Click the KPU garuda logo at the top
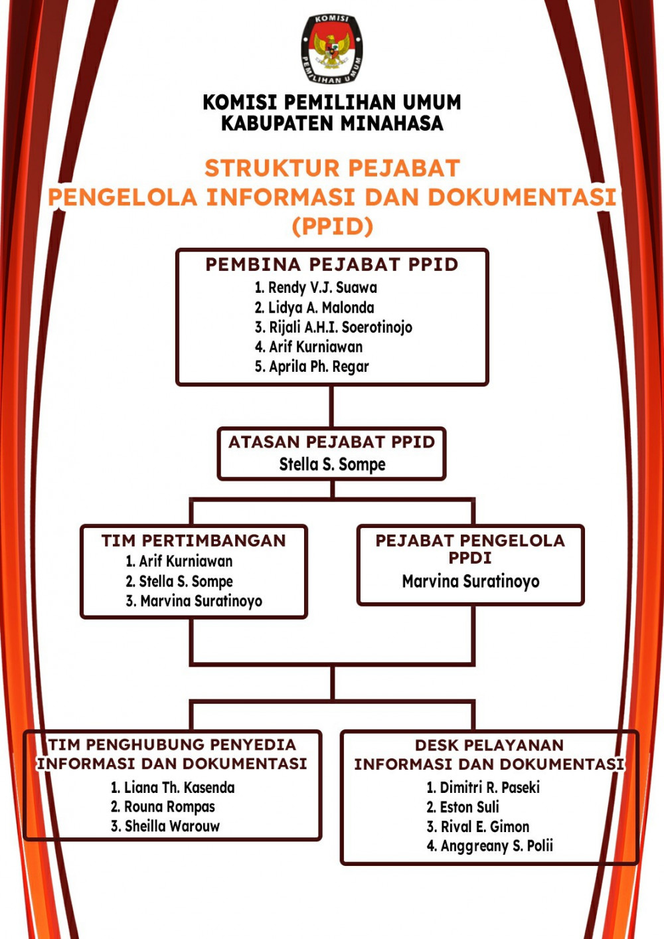click(332, 50)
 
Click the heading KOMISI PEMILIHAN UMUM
click(332, 102)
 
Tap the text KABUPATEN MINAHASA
click(332, 124)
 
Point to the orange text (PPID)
click(332, 226)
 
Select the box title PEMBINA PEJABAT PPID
click(332, 264)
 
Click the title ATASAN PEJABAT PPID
click(332, 442)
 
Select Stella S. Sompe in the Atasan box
click(332, 464)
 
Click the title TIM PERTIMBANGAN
click(193, 541)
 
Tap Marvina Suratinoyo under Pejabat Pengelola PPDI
click(471, 582)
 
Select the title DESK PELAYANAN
click(489, 745)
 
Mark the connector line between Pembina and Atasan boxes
click(332, 406)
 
